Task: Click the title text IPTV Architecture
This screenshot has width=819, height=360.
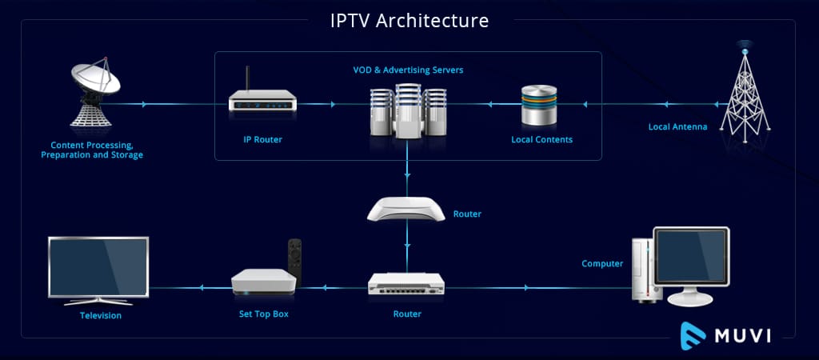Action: (409, 20)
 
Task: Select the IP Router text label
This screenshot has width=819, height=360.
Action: (262, 139)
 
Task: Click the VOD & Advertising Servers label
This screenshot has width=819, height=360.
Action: (408, 70)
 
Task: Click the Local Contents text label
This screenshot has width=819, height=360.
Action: (541, 140)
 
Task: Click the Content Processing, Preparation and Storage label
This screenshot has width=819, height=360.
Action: (92, 150)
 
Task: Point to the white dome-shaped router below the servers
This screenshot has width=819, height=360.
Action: (406, 209)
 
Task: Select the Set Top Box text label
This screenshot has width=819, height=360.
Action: (264, 314)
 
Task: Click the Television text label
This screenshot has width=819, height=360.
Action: (101, 315)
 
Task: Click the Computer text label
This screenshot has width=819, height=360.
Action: (602, 263)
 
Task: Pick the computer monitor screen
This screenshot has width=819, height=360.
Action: (691, 255)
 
